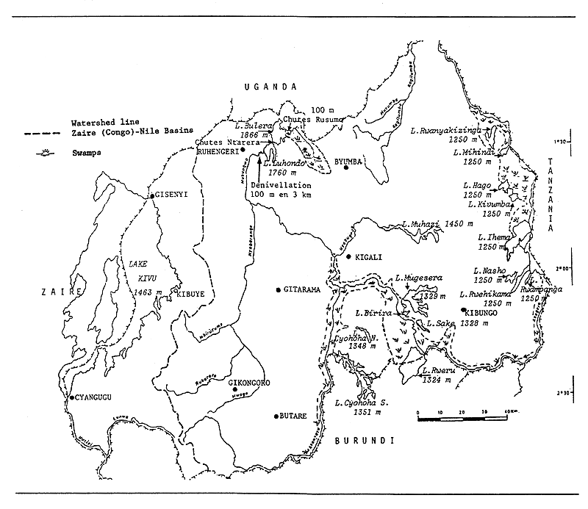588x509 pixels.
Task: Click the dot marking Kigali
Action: [350, 256]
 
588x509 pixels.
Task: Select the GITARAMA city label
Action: [302, 289]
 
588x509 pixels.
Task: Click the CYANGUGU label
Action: [93, 397]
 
